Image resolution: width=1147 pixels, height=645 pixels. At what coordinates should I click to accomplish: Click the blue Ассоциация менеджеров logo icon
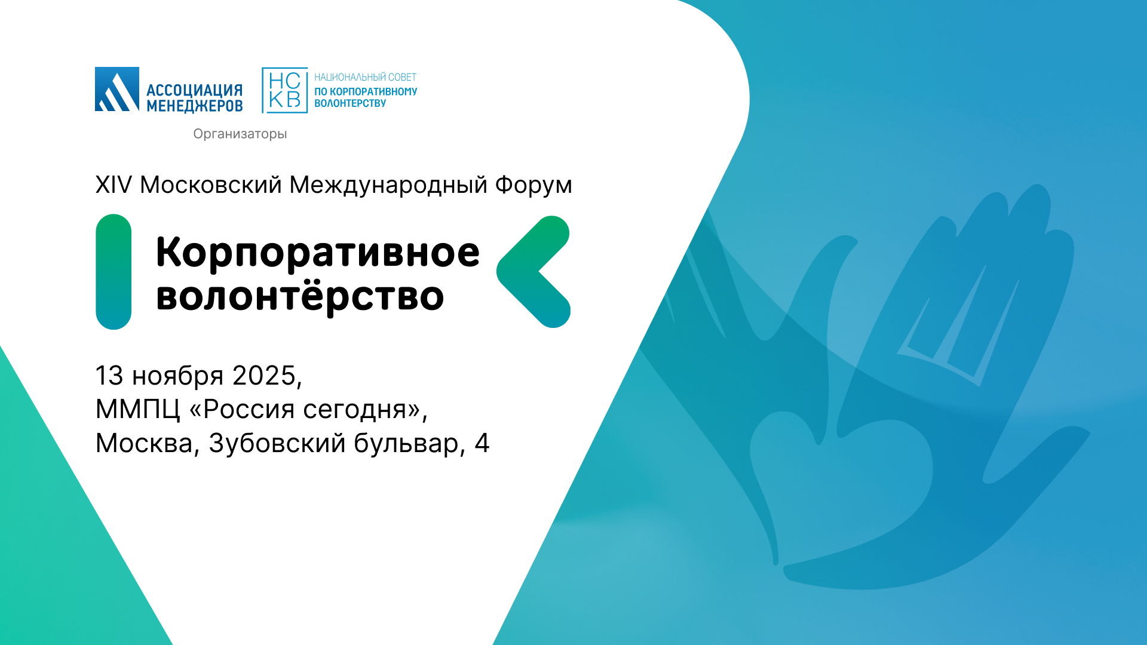pyautogui.click(x=117, y=89)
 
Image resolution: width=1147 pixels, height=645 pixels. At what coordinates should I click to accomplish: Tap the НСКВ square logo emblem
pyautogui.click(x=285, y=90)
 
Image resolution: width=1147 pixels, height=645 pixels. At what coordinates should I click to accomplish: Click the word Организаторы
pyautogui.click(x=240, y=134)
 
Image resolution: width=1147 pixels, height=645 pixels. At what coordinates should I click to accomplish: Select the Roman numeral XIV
pyautogui.click(x=114, y=185)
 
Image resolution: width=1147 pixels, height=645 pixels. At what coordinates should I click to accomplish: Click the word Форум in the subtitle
pyautogui.click(x=533, y=185)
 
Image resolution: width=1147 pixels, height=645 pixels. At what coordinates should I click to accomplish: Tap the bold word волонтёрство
pyautogui.click(x=300, y=296)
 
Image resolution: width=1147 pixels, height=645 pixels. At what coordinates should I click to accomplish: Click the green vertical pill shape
pyautogui.click(x=114, y=272)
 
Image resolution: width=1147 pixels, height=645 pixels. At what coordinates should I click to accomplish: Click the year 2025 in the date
pyautogui.click(x=264, y=376)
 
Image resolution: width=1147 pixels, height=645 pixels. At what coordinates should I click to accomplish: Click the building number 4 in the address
pyautogui.click(x=482, y=444)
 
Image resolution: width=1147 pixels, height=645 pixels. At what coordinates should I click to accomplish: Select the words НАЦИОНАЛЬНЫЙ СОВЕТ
pyautogui.click(x=366, y=77)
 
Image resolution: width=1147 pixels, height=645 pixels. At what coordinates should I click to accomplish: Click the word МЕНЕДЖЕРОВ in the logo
pyautogui.click(x=195, y=106)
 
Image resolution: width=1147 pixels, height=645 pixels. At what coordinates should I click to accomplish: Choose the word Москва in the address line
pyautogui.click(x=144, y=444)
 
